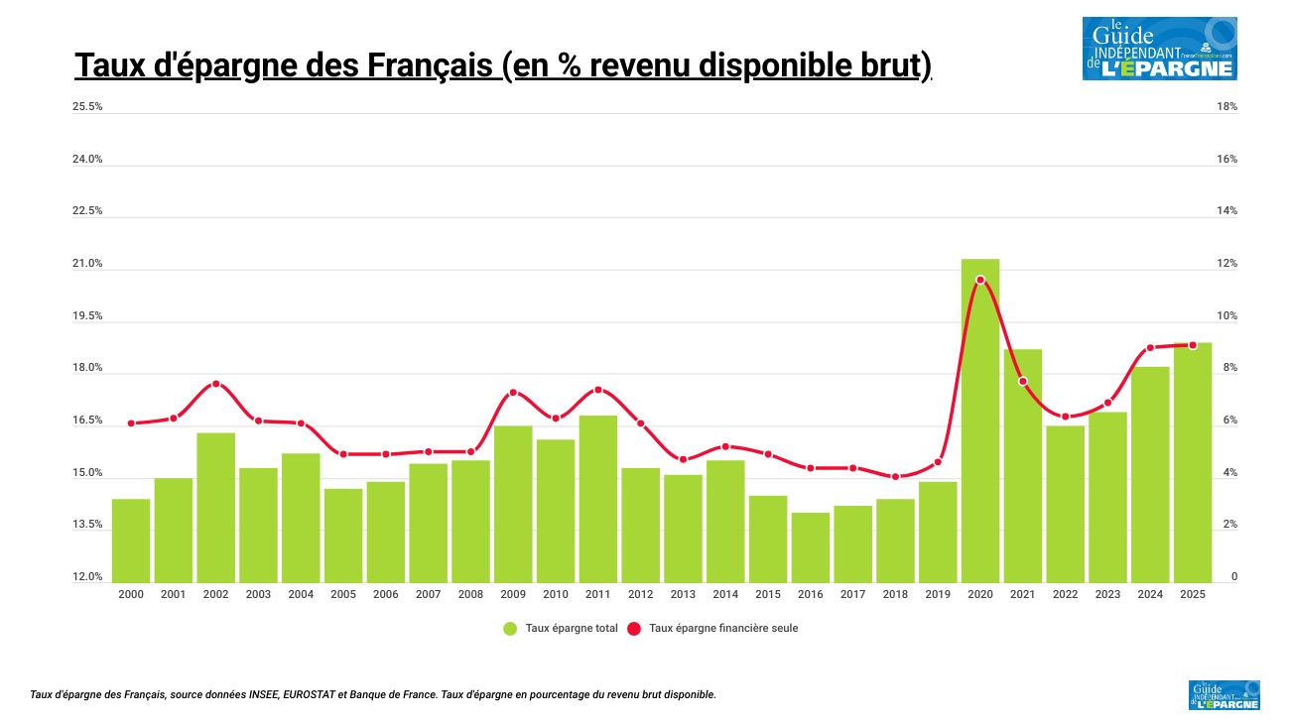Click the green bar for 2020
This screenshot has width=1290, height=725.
980,421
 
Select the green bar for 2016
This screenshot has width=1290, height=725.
811,547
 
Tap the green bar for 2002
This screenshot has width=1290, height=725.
215,507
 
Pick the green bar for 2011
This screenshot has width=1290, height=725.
597,499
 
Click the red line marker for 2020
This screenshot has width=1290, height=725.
980,280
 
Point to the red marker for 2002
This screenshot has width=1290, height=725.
215,384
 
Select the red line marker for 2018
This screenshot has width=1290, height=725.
895,477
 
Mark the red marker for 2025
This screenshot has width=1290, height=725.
1193,345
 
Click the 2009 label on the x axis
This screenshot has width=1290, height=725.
513,594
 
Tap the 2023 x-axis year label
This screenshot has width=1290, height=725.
1107,594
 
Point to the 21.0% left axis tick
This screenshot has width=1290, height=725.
87,264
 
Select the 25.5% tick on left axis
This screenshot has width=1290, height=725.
87,107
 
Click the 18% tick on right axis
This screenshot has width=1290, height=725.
1226,107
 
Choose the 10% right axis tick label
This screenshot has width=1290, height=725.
1226,316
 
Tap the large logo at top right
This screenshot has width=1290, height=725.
1159,49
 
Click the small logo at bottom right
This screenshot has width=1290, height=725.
1224,695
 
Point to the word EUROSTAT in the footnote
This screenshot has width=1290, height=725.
310,695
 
